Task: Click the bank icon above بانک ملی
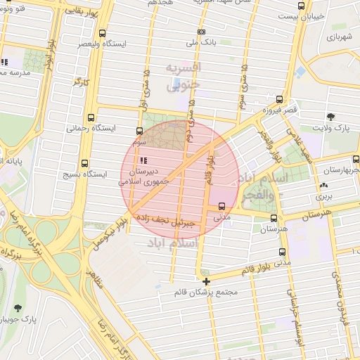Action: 202,32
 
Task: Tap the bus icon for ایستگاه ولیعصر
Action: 103,32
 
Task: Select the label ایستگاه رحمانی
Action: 86,129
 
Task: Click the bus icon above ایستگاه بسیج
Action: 85,163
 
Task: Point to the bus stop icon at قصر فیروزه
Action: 280,100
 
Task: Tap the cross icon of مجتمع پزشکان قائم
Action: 205,281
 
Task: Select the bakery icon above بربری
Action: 324,186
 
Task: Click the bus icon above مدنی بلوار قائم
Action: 282,252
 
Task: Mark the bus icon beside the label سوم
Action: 139,131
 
